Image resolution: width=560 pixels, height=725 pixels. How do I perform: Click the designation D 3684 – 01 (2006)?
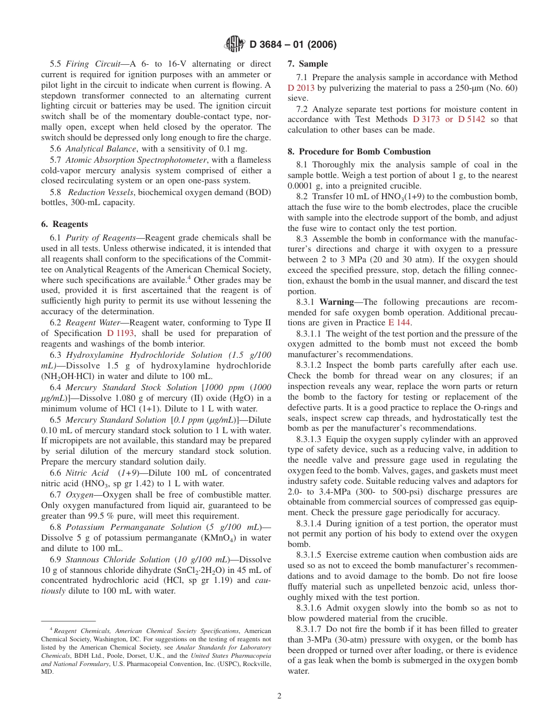point(293,45)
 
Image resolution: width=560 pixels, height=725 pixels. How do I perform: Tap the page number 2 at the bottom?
point(279,696)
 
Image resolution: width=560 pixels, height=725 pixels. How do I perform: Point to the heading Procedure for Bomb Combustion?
point(364,151)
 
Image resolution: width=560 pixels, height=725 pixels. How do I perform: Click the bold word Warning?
point(337,302)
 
